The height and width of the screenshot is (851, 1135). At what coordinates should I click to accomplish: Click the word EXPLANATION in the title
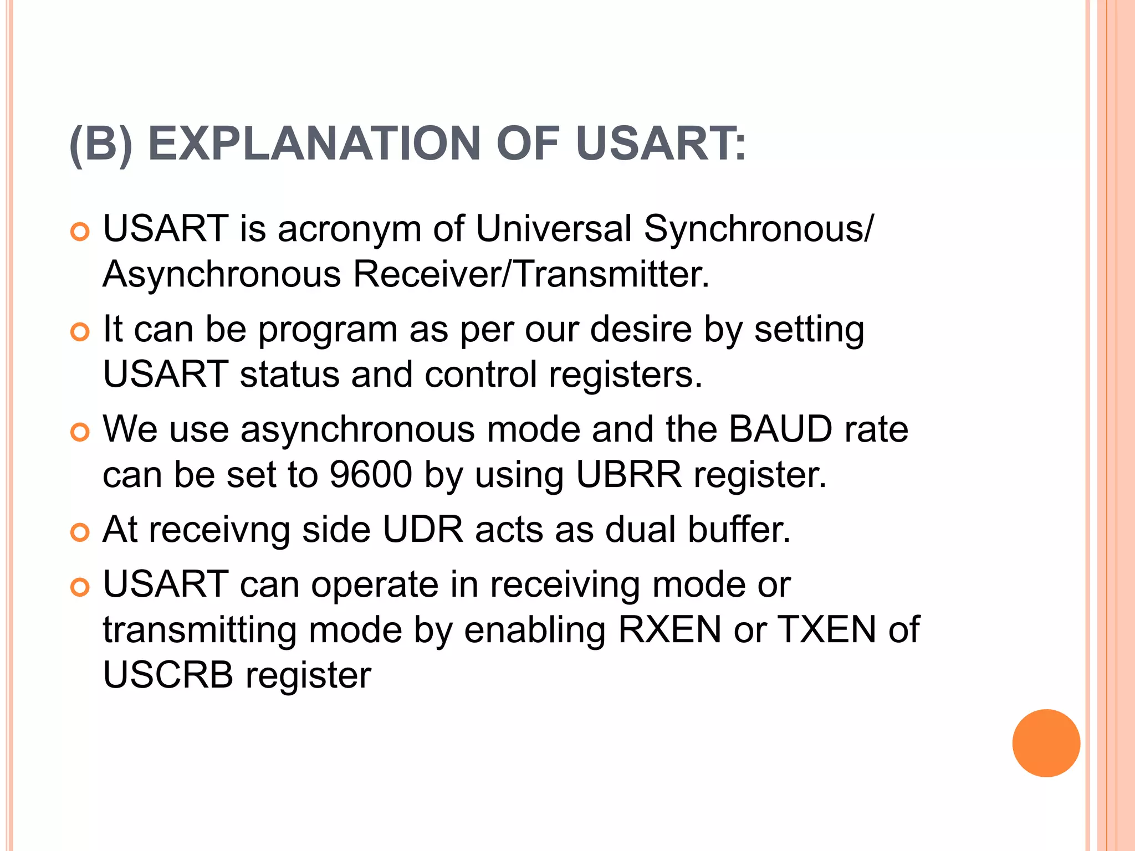314,144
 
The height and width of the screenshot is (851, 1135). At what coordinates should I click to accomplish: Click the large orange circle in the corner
1046,743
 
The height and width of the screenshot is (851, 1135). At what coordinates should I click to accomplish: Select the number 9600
371,475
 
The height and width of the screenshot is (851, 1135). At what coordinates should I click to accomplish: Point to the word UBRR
628,475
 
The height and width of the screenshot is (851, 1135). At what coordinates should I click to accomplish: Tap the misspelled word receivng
219,530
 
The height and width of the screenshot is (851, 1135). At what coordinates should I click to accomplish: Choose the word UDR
423,530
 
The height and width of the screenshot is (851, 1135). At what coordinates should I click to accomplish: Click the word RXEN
669,630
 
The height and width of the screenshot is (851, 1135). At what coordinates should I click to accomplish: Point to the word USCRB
168,675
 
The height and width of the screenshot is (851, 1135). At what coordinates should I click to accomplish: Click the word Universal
553,228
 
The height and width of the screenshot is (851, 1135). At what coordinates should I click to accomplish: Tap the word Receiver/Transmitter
531,274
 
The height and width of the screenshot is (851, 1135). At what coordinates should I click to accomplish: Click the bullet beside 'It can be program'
80,332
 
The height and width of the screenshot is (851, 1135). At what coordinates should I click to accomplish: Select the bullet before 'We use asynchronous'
80,433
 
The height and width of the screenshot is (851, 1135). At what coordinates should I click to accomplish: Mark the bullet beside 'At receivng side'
80,533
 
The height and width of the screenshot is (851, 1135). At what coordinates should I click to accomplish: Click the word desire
641,329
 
